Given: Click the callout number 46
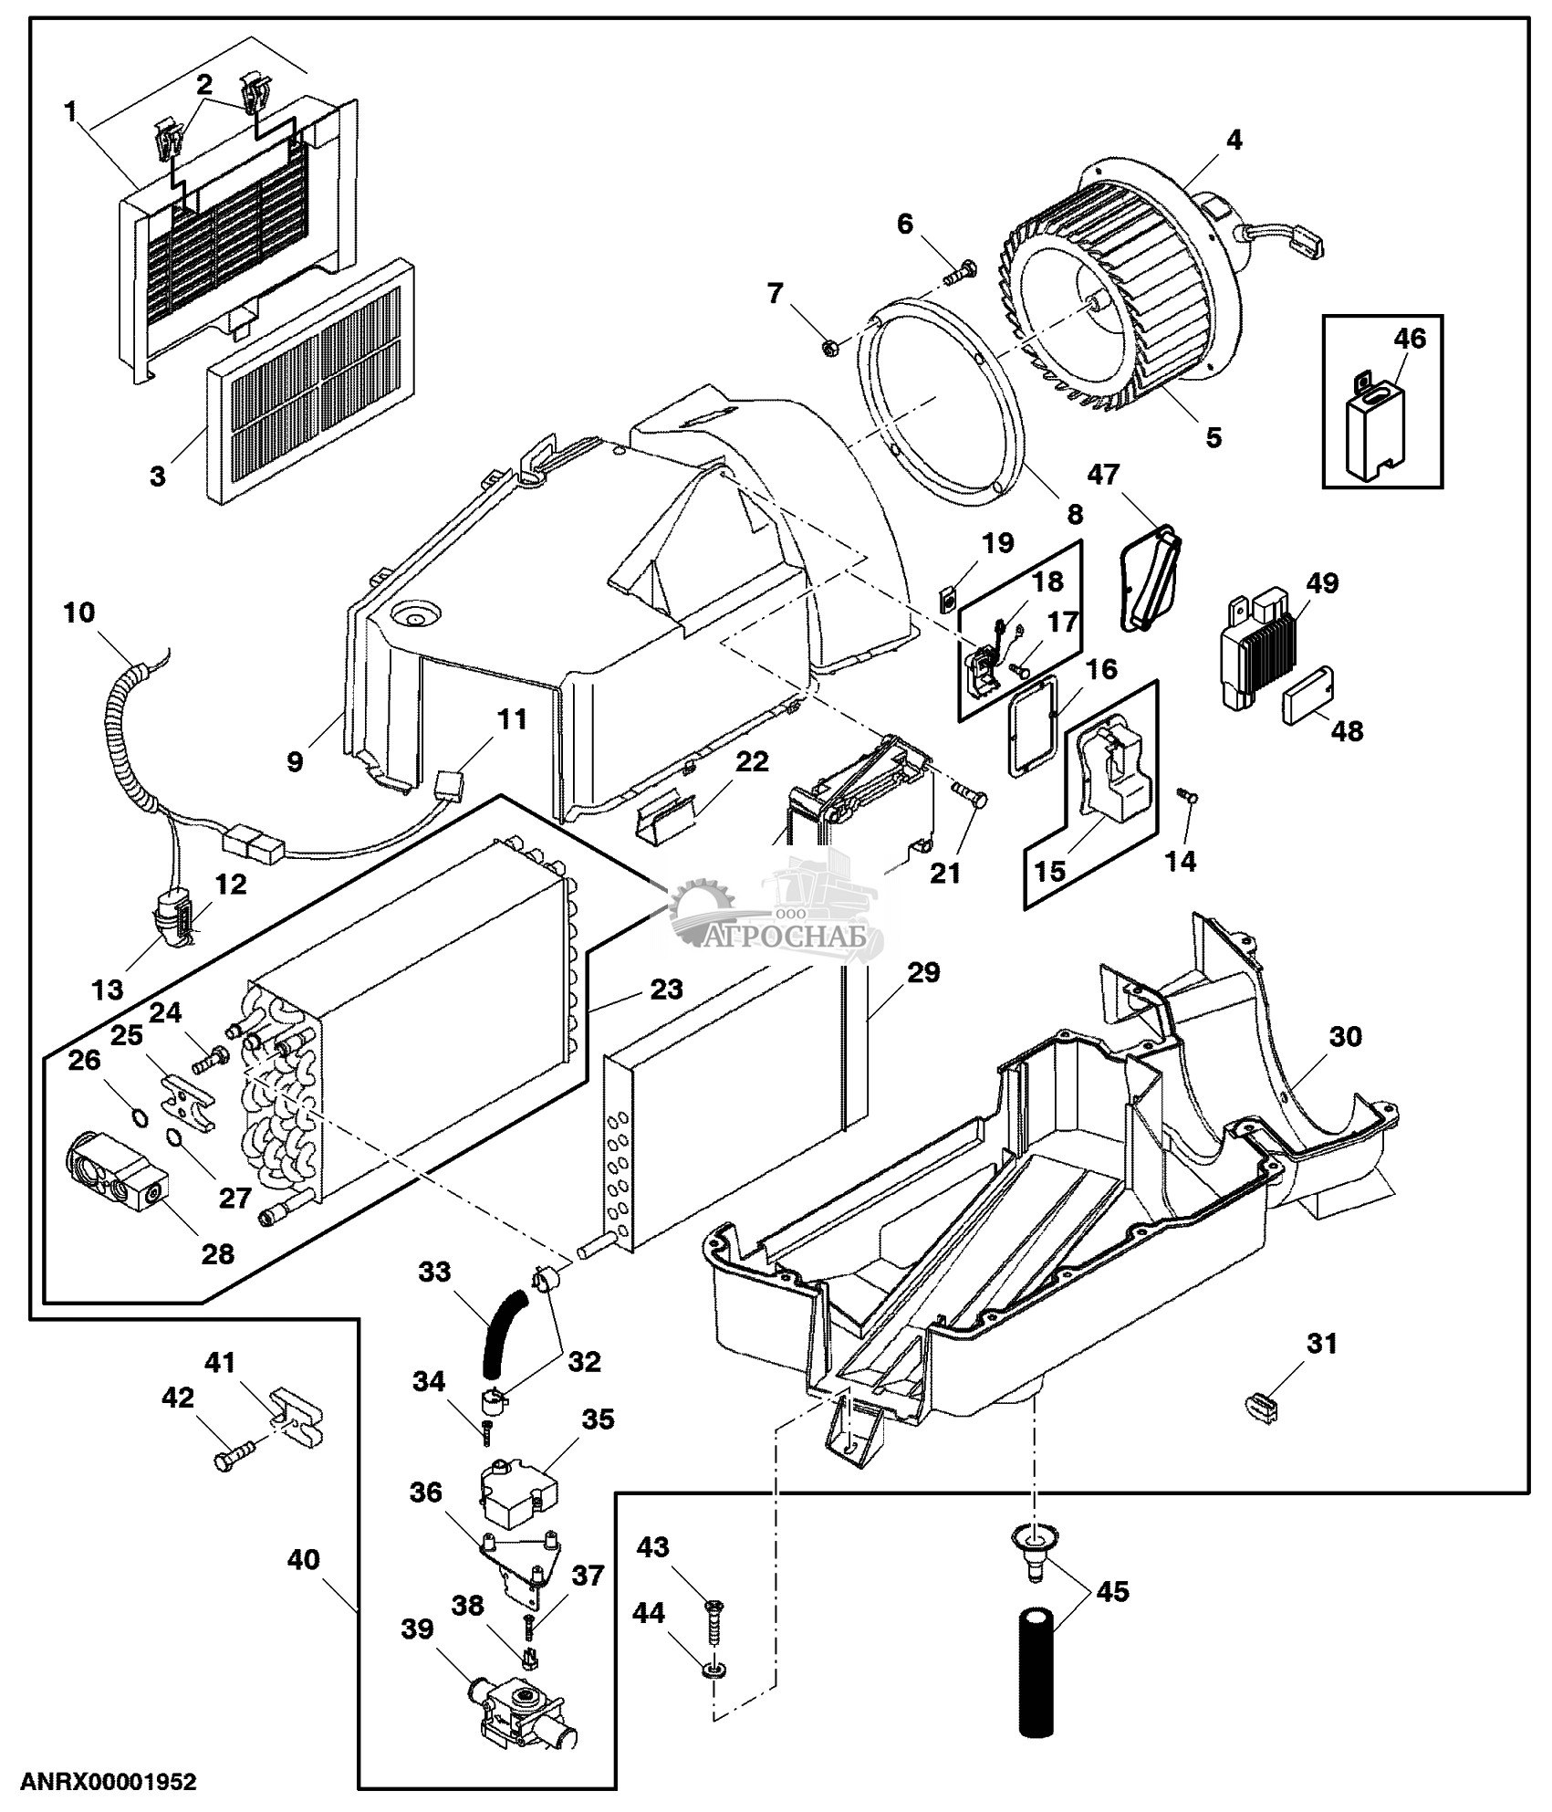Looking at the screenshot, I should coord(1410,339).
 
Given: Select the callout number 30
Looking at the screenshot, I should coord(1346,1036).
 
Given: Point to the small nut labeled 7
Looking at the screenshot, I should coord(831,346).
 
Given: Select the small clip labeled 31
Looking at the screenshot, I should coord(1263,1407).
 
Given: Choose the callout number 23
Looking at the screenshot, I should coord(666,989).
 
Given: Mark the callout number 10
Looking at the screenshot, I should coord(79,612).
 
